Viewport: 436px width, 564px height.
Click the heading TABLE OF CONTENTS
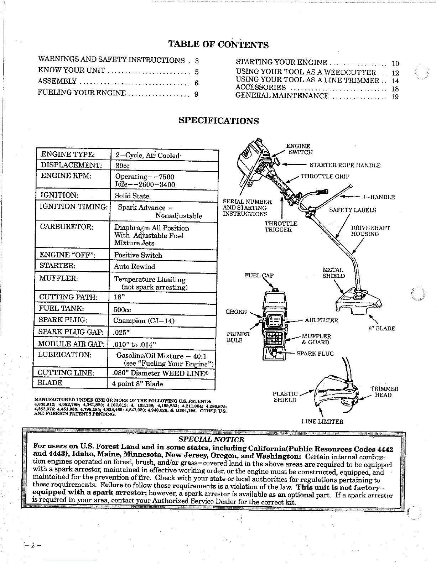pos(218,45)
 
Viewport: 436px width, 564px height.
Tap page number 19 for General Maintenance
pos(395,97)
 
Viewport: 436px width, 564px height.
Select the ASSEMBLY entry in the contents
pos(57,82)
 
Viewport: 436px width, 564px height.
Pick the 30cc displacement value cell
pos(123,166)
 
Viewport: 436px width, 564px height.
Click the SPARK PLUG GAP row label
pos(71,331)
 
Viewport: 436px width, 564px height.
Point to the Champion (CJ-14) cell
pos(144,321)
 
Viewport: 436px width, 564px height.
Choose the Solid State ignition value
pos(132,196)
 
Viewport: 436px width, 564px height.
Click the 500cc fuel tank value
pos(122,310)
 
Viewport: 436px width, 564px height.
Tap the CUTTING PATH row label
pos(68,297)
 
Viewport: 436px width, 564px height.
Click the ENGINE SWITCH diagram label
pos(299,149)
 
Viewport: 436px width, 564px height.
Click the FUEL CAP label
pos(259,276)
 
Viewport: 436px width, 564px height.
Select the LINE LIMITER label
pos(322,422)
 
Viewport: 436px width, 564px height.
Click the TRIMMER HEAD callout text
pos(384,392)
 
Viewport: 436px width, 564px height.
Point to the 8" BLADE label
pos(381,328)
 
